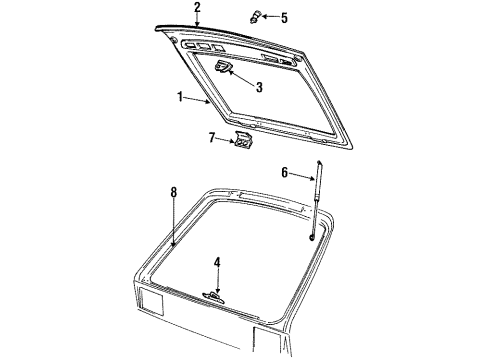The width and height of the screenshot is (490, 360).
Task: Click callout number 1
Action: (x=181, y=97)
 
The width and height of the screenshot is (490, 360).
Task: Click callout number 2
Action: (x=197, y=7)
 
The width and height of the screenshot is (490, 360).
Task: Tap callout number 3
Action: (x=258, y=87)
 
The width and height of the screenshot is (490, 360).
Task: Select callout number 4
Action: (x=217, y=264)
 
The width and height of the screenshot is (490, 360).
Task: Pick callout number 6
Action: (x=284, y=172)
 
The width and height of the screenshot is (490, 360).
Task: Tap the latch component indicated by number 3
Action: (x=225, y=67)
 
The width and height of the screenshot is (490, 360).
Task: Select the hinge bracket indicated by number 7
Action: (x=243, y=142)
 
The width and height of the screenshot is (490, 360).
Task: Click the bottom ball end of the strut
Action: (x=312, y=237)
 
